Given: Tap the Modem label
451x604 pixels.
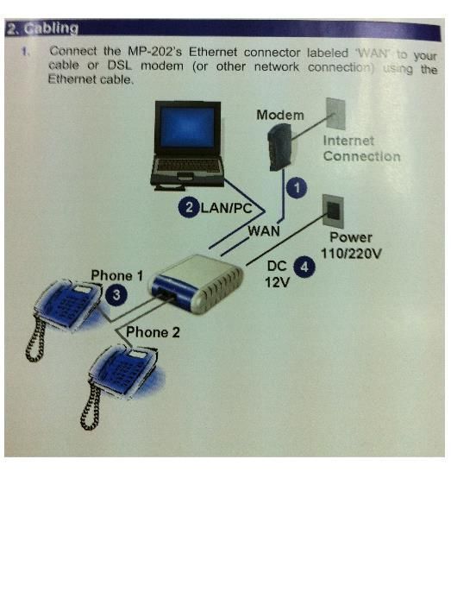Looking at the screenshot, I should (x=279, y=115).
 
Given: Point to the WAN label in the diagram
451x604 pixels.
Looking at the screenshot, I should (x=264, y=230).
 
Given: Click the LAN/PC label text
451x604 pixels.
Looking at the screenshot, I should (x=226, y=208).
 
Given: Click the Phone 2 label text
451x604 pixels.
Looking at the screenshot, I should (x=153, y=331).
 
